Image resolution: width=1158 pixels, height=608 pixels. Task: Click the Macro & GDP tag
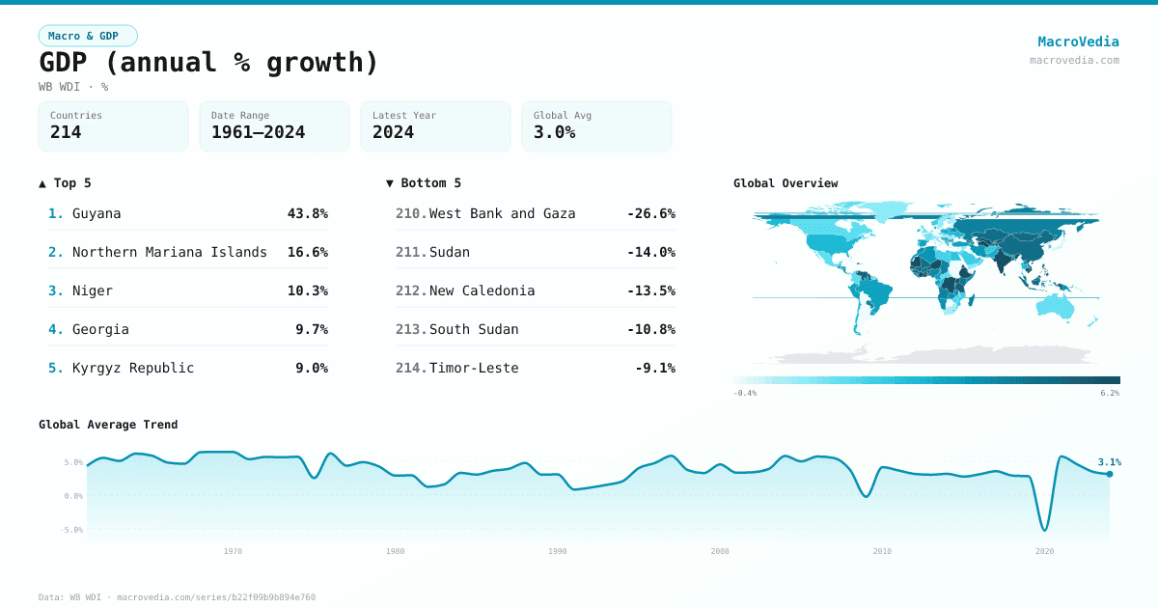[x=88, y=36]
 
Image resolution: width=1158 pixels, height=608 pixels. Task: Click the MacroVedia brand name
[x=1078, y=41]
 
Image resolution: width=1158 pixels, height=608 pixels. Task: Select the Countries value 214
[x=66, y=132]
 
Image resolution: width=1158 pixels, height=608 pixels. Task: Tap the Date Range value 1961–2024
[x=258, y=132]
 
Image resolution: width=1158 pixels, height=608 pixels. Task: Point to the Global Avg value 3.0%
[x=554, y=132]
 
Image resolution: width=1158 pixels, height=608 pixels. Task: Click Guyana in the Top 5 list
[x=96, y=213]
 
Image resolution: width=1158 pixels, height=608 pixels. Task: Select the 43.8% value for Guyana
[x=307, y=213]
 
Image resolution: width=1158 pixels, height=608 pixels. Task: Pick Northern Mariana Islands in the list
[x=169, y=252]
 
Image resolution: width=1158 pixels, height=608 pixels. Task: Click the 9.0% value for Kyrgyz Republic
[x=311, y=368]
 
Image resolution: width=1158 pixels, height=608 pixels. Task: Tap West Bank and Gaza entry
[x=502, y=213]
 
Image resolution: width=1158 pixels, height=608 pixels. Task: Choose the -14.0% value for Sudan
[x=650, y=252]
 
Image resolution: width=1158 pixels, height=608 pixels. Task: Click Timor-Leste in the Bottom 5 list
[x=474, y=368]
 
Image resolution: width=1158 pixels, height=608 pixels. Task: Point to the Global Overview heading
[x=786, y=183]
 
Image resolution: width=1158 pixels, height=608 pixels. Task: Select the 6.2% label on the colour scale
[x=1110, y=393]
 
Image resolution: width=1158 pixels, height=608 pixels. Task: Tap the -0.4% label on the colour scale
[x=745, y=393]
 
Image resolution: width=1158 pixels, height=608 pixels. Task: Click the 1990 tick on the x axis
[x=558, y=551]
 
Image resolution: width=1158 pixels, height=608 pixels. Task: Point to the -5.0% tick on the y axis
[x=73, y=530]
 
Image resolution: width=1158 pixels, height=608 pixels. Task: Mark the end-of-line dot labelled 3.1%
[x=1110, y=474]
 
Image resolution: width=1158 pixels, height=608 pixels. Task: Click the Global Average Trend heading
[x=108, y=425]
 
